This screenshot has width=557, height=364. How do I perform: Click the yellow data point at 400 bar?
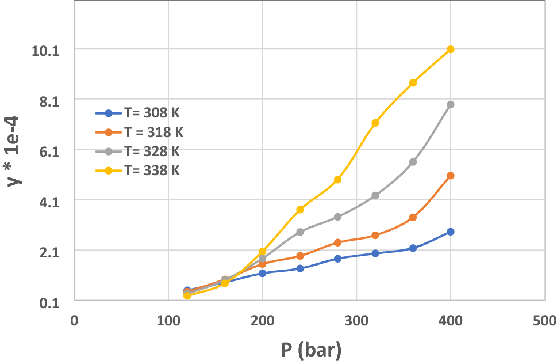coord(451,50)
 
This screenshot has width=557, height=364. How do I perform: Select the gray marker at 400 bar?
coord(451,104)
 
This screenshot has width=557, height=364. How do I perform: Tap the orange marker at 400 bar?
coord(451,175)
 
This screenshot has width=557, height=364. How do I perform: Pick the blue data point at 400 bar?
coord(451,232)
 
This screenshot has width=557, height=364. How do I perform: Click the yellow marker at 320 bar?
coord(375,123)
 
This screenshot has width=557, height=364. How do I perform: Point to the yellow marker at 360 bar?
coord(413,83)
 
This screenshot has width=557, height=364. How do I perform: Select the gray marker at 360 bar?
coord(413,162)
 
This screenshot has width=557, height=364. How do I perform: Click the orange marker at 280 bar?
coord(337,242)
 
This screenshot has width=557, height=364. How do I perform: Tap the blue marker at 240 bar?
coord(300,268)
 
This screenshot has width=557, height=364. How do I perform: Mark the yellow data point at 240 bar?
coord(300,210)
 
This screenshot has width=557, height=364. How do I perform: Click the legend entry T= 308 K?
coord(139,113)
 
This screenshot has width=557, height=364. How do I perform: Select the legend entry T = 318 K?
coord(140,132)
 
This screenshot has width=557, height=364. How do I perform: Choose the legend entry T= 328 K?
coord(139,151)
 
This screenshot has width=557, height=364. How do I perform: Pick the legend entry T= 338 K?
coord(139,170)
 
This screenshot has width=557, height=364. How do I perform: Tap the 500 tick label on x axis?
coord(544,320)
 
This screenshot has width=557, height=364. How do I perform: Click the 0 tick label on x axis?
coord(74,320)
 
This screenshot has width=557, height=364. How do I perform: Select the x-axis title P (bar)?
coord(310,349)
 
